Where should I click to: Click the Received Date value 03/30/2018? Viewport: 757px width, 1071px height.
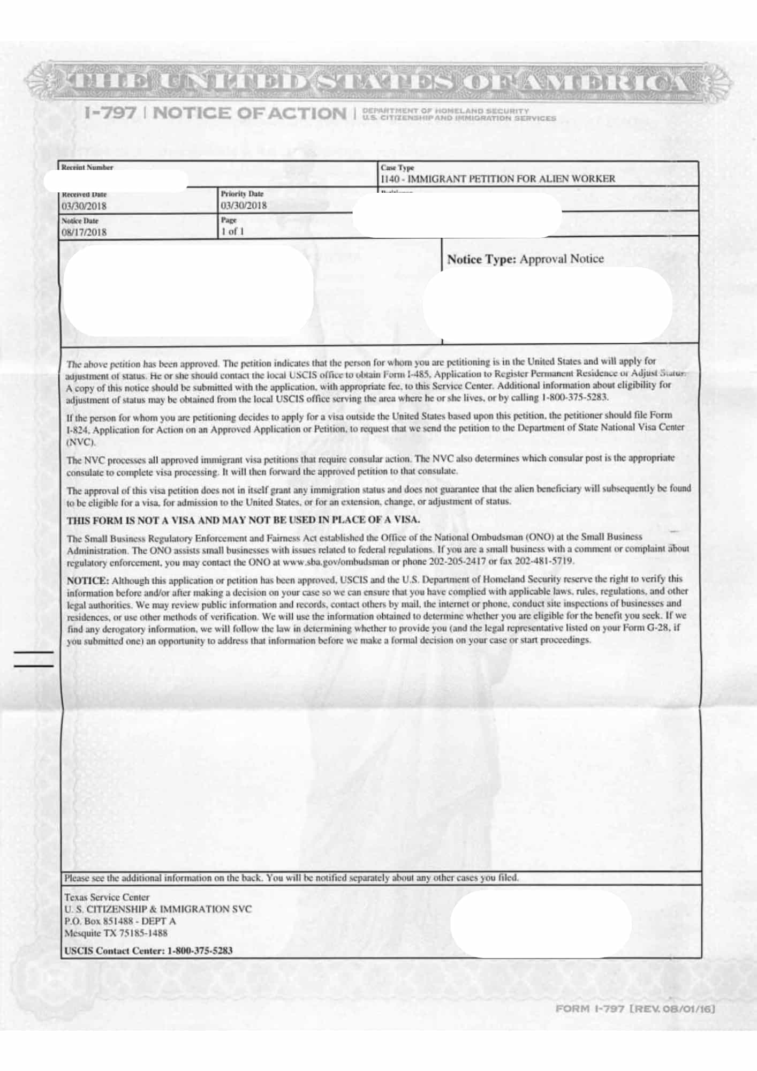[84, 206]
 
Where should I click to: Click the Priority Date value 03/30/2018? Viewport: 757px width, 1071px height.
[243, 206]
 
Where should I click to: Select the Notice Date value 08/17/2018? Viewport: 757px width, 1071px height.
[84, 232]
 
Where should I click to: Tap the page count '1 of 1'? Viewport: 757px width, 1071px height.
[232, 231]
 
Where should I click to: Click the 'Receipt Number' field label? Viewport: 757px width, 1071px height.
[87, 168]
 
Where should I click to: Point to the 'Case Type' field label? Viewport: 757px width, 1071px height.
[397, 168]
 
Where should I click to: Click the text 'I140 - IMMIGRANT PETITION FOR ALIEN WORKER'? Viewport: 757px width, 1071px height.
[498, 179]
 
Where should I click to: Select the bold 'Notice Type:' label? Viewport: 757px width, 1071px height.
[481, 260]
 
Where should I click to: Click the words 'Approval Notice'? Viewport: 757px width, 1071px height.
[562, 259]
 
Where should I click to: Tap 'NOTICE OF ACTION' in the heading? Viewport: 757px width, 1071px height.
[250, 113]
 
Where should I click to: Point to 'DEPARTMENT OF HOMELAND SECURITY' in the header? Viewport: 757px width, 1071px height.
[445, 111]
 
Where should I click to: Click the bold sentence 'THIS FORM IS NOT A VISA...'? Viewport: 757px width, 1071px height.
[243, 520]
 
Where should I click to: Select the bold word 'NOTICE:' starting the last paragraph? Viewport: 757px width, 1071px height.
[88, 580]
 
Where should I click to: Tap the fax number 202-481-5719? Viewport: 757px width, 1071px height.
[544, 561]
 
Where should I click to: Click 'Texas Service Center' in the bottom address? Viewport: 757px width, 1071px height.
[107, 897]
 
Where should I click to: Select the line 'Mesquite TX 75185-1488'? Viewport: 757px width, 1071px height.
[116, 933]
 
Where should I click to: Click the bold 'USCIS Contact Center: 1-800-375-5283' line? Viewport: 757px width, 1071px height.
[148, 951]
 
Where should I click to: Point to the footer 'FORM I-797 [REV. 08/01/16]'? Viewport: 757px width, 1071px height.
[635, 1009]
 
